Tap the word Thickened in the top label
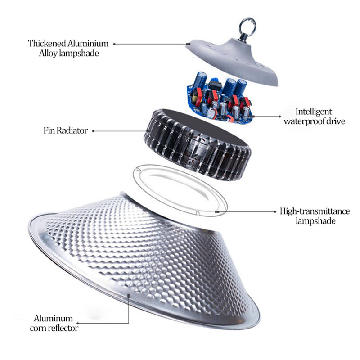coord(47,44)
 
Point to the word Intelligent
coord(313,112)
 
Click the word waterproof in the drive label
coord(306,121)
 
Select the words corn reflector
coord(54,328)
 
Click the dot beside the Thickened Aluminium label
coord(114,44)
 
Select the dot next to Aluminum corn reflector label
coord(78,323)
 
